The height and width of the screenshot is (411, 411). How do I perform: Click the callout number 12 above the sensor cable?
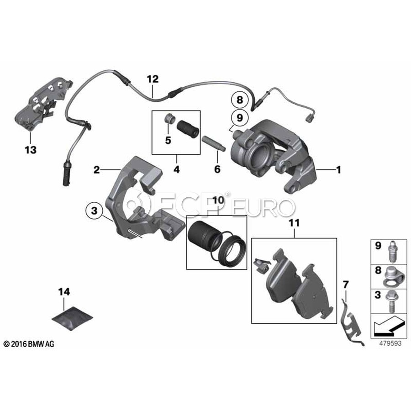coord(153,79)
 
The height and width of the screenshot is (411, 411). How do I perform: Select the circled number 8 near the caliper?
coord(238,99)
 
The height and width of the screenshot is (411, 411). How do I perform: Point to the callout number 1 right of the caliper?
coord(338,170)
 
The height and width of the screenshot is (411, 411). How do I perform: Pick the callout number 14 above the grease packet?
coord(65,290)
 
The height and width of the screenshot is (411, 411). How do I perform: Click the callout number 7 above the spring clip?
coord(346,285)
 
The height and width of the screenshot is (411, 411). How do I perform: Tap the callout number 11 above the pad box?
coord(294,223)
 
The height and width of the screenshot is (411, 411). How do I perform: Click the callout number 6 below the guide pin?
coord(217,169)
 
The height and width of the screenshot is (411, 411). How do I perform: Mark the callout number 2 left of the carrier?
coord(96,170)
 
